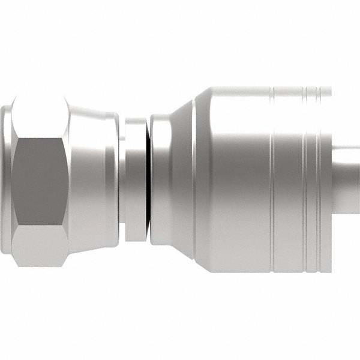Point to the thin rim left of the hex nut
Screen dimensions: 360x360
(x=5, y=180)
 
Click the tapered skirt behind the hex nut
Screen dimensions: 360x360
(x=90, y=180)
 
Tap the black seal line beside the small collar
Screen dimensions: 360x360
(x=147, y=180)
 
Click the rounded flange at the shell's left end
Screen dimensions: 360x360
(x=161, y=180)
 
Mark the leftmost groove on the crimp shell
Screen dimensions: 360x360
(x=272, y=180)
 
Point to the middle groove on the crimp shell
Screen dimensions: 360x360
(x=305, y=180)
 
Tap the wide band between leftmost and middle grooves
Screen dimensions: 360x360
(x=288, y=180)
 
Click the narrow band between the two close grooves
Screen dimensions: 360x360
(x=311, y=180)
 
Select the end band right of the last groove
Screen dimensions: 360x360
(x=325, y=180)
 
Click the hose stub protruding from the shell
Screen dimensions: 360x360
(x=347, y=180)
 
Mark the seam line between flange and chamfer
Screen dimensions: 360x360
(x=174, y=180)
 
